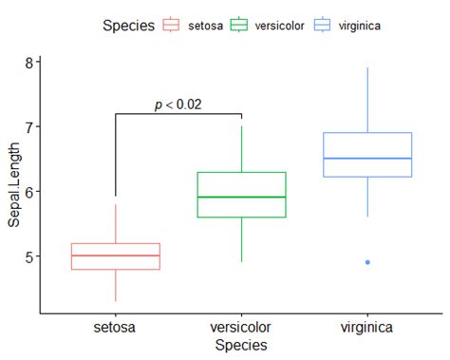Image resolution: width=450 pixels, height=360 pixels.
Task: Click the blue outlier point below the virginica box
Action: [x=367, y=262]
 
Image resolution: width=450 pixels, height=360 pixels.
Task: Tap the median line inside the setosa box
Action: [x=116, y=256]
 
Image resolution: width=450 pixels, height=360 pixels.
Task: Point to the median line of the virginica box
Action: [x=367, y=159]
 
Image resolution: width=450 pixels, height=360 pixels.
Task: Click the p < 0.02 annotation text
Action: [x=178, y=104]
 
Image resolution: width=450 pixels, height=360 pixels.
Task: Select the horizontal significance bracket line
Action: [x=178, y=114]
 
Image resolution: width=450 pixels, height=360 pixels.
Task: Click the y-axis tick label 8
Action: [x=29, y=63]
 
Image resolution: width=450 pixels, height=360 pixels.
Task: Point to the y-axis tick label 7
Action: [x=29, y=127]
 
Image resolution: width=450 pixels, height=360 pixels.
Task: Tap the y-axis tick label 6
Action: [x=29, y=192]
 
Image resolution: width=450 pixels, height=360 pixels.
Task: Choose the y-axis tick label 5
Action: [x=29, y=256]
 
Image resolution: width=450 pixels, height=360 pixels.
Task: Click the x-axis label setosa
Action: [x=116, y=328]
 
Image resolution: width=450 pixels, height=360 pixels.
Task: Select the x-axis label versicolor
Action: [x=241, y=328]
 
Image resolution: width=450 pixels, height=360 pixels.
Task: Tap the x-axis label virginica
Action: [x=367, y=328]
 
